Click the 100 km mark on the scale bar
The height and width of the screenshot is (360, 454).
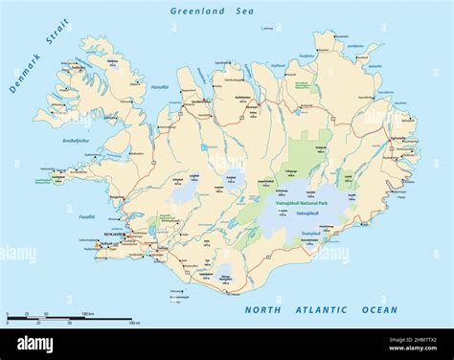tap(87, 314)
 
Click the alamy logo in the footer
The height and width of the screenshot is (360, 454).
tap(34, 345)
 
